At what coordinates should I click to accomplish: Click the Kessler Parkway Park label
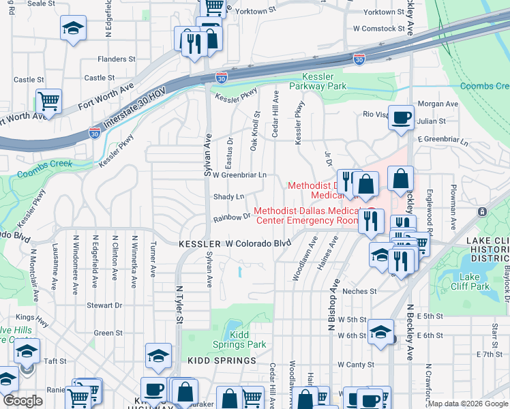(x=318, y=81)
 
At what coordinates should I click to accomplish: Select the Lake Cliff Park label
(x=469, y=281)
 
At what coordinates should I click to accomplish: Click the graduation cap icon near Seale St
(x=73, y=28)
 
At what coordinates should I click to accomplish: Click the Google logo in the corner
(x=22, y=401)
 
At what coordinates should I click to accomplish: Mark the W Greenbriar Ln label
(x=239, y=175)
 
